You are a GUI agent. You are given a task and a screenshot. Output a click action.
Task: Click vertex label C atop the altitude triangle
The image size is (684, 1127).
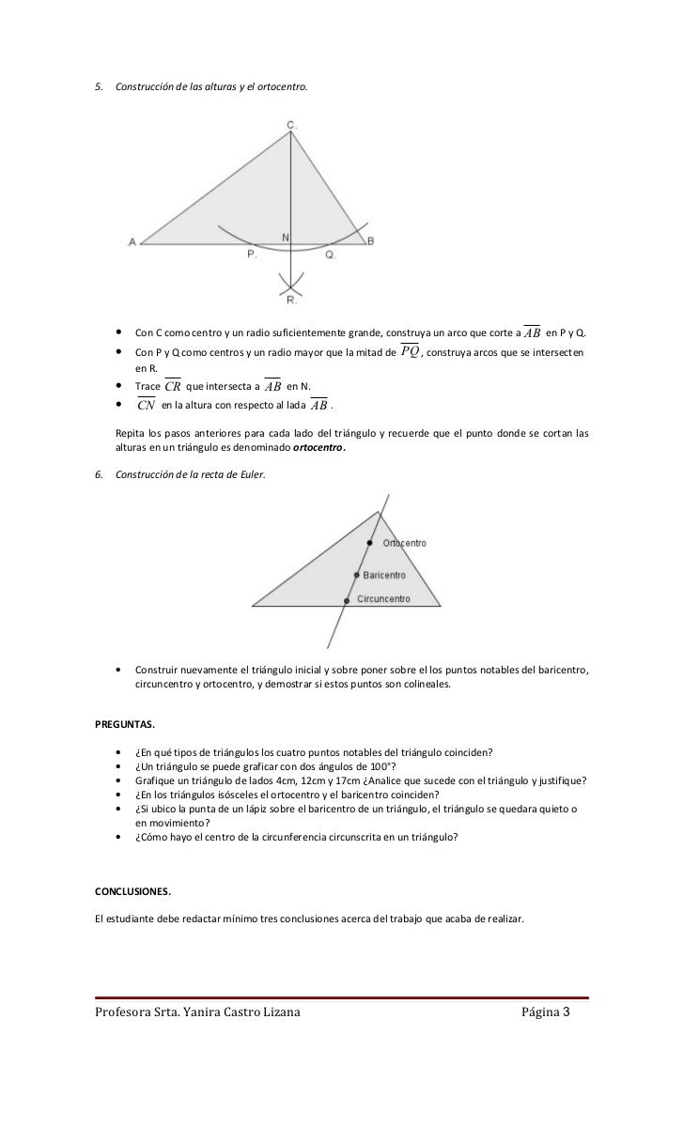coord(291,123)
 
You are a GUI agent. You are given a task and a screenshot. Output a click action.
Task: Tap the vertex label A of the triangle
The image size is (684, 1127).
coord(132,242)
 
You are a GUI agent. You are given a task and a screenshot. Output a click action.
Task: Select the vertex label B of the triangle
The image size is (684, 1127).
coord(370,241)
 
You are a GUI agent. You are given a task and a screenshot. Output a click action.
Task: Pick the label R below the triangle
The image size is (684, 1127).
coord(291,301)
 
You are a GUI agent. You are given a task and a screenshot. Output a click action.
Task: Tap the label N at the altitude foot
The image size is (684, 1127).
coord(286,236)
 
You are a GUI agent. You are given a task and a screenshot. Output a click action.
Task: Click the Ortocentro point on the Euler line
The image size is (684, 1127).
coord(370,543)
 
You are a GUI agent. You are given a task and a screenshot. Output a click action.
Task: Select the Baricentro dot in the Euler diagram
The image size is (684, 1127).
coord(356,575)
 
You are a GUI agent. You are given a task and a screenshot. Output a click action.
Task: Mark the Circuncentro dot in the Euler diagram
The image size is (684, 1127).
coord(347,599)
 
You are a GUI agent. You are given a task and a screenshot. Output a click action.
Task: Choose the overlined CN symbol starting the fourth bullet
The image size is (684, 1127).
coord(146,405)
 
